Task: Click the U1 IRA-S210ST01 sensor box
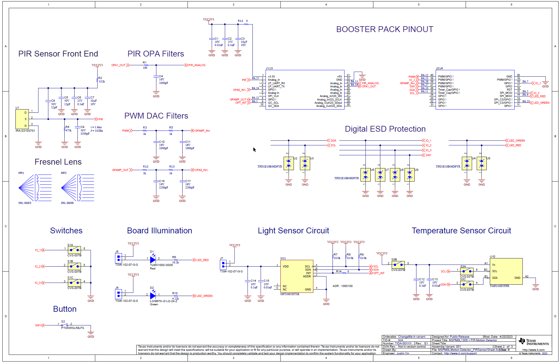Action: click(22, 119)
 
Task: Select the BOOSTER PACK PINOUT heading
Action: click(384, 29)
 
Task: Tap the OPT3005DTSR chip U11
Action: click(296, 276)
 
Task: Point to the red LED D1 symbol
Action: click(153, 260)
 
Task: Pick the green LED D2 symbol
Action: click(153, 296)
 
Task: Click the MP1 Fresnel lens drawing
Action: click(35, 188)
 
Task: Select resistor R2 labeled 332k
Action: click(97, 80)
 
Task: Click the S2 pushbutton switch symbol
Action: click(65, 325)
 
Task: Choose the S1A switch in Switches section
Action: click(74, 250)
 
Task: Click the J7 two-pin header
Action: click(223, 265)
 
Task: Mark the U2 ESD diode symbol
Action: click(289, 163)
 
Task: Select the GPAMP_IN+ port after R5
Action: click(202, 131)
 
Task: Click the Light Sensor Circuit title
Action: click(293, 231)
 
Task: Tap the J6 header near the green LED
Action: click(118, 294)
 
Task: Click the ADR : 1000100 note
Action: click(342, 286)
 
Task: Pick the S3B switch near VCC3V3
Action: click(398, 265)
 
